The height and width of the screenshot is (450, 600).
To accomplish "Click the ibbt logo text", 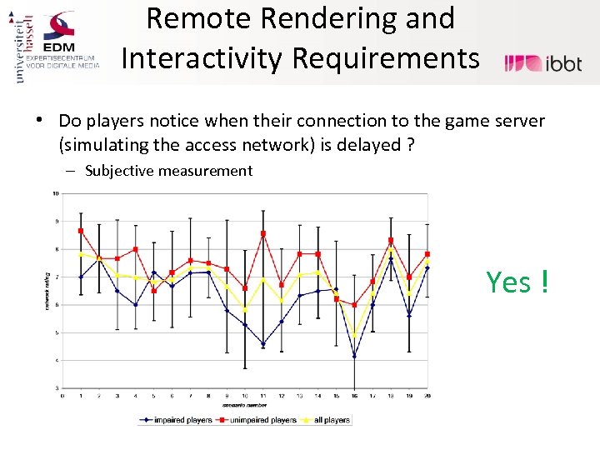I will point(563,63).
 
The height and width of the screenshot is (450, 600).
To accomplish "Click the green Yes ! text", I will point(517,282).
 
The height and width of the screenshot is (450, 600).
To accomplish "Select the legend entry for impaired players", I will point(176,420).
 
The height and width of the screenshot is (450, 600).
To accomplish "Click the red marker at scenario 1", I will point(81,231).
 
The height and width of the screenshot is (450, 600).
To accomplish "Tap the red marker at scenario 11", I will point(263,234).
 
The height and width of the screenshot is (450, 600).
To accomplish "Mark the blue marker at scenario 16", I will point(354,357).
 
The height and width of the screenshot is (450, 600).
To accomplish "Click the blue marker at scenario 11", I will point(263,344).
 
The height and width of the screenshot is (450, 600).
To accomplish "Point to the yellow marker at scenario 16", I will point(354,335).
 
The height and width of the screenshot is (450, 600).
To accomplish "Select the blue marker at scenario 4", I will point(135,305).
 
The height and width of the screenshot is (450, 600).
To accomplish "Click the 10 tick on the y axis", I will point(56,193).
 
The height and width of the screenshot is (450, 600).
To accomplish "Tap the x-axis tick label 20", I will point(427,396).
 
